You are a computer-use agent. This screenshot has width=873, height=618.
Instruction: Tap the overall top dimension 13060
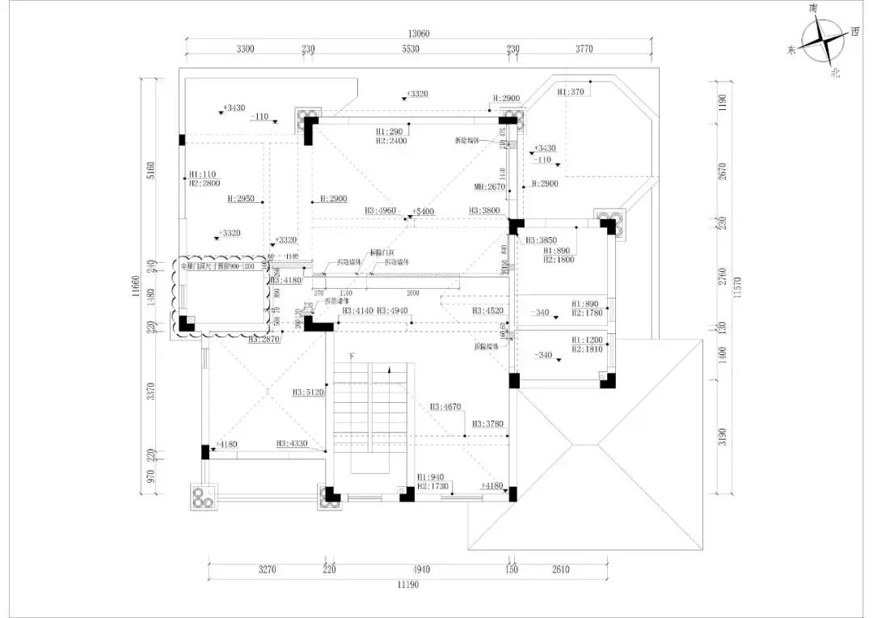[419, 34]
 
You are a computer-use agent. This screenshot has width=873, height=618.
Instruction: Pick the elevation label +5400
[423, 211]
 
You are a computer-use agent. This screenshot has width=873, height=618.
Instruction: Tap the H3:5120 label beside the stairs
[308, 393]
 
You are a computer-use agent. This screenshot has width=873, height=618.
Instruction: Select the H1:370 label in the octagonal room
[571, 92]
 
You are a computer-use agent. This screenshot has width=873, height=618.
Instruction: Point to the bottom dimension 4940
[416, 569]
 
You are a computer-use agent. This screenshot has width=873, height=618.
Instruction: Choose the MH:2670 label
[489, 187]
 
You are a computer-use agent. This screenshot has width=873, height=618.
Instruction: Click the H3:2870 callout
[264, 340]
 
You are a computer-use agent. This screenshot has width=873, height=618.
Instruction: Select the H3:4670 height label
[445, 407]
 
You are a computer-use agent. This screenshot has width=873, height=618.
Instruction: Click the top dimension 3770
[584, 49]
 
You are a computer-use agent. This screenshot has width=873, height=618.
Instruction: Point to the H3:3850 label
[541, 240]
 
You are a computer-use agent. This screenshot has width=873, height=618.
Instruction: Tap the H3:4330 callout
[292, 443]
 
